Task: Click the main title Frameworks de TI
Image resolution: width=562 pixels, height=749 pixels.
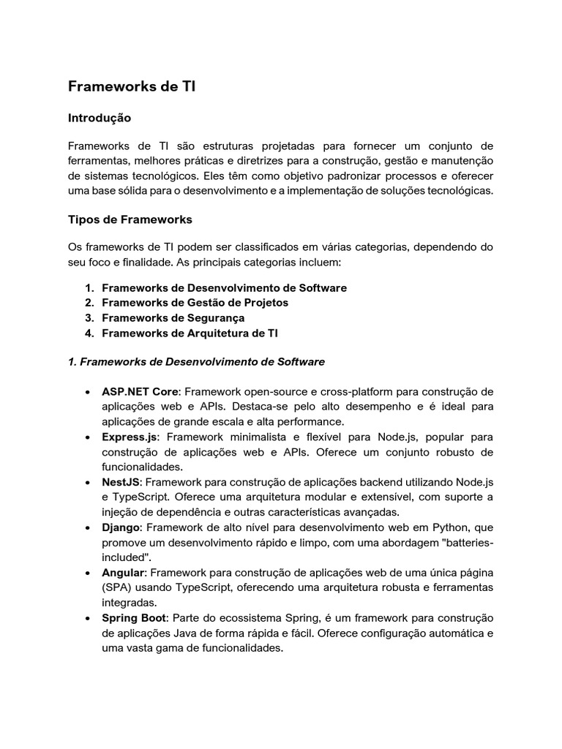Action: (132, 87)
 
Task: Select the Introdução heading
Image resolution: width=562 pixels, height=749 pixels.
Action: (99, 117)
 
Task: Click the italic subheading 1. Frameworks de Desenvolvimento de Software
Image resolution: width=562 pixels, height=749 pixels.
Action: (196, 361)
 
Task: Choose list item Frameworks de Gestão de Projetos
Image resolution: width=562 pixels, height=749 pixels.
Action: (195, 302)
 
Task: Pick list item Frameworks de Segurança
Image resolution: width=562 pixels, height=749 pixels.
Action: (173, 317)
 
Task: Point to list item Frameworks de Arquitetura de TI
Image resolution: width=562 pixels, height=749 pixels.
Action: (190, 333)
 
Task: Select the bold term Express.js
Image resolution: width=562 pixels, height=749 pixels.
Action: (129, 437)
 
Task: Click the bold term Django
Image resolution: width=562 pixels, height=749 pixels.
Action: (121, 527)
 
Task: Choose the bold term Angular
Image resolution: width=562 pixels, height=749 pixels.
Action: (123, 573)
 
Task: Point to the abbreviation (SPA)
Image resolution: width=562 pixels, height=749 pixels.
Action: (117, 588)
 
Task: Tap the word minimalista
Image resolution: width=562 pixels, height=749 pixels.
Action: (248, 437)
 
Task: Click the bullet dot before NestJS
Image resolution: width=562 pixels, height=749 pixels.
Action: (88, 483)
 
